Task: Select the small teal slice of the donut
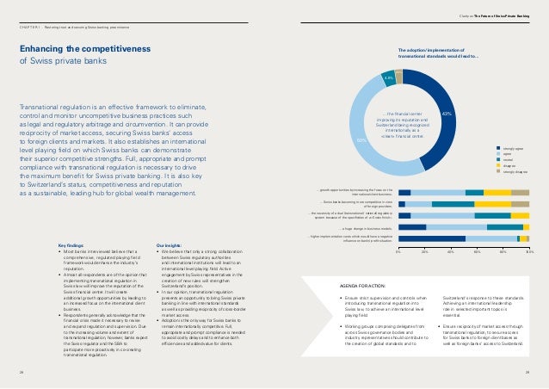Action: (388, 77)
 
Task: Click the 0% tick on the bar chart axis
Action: (399, 252)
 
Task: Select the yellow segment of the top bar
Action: (497, 193)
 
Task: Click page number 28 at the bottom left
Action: (22, 373)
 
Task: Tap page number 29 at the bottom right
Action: (527, 373)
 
